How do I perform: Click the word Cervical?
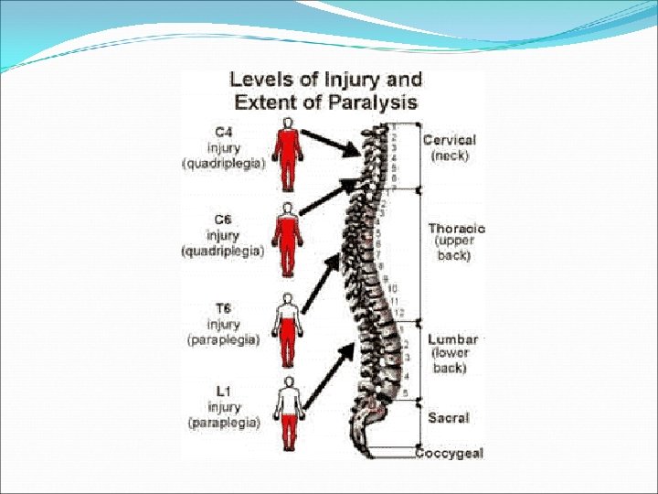pos(450,140)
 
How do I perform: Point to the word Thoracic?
pos(457,229)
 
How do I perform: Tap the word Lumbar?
pos(454,338)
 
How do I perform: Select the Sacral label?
pos(449,417)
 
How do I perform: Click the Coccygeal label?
pos(450,453)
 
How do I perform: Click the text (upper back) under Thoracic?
pos(452,250)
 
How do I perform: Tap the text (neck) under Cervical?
pos(449,156)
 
